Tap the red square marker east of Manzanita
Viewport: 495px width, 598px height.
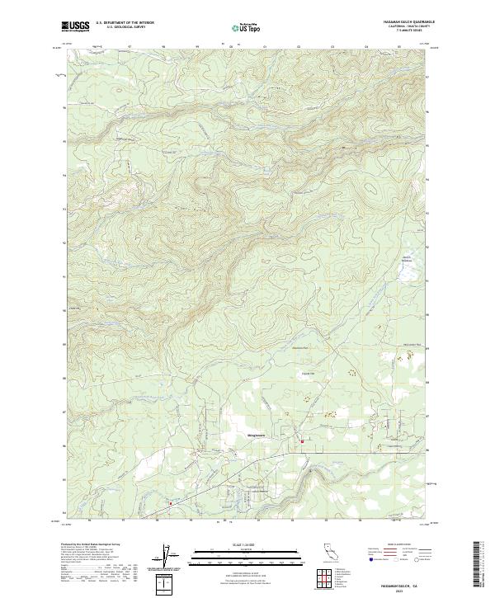pos(302,441)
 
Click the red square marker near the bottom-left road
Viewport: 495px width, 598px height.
pos(171,502)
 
